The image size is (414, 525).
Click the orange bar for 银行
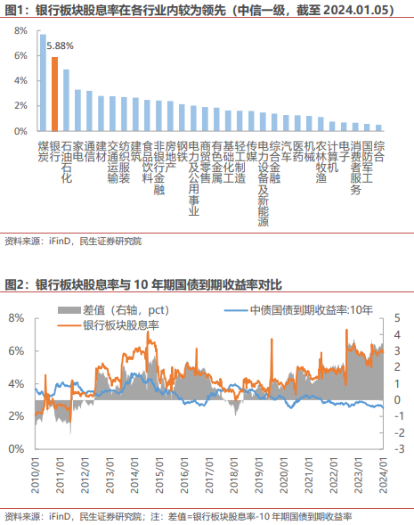54,94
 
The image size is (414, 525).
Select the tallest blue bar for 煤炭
43,83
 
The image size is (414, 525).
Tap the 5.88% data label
60,45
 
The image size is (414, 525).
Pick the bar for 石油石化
66,100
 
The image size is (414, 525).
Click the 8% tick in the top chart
20,31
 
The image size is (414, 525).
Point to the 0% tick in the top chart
20,131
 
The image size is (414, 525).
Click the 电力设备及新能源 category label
264,184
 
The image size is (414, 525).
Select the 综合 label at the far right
379,152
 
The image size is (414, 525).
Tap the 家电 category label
78,152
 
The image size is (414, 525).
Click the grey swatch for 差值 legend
69,310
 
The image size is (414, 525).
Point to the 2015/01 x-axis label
159,476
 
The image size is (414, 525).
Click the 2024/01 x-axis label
384,476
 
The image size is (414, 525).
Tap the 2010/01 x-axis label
35,476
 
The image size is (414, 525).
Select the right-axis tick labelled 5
397,318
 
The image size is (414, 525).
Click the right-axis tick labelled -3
399,448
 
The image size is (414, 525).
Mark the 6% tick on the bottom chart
16,351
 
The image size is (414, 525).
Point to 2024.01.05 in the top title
357,11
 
